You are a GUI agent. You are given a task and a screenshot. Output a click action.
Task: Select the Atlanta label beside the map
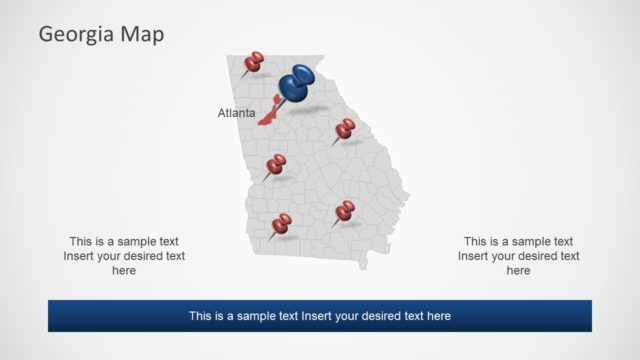[x=236, y=113]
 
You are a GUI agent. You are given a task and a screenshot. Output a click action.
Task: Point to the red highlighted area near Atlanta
[x=268, y=116]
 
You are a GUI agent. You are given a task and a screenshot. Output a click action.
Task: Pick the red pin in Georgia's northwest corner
[x=253, y=62]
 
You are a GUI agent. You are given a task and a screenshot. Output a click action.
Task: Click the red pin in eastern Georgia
[x=345, y=128]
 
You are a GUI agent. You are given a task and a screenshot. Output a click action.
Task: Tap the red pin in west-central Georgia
[x=276, y=164]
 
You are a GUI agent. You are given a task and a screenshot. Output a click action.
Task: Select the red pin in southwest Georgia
[x=282, y=222]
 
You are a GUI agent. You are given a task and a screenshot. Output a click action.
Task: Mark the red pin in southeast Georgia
[x=345, y=210]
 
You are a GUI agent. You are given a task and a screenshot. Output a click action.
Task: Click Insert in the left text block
[x=81, y=256]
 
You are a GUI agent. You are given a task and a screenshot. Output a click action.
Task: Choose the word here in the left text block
[x=124, y=271]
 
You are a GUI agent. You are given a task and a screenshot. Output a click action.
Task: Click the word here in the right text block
[x=518, y=271]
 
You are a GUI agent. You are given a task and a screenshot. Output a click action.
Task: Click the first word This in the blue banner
[x=201, y=316]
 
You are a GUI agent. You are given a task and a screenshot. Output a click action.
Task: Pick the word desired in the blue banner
[x=389, y=316]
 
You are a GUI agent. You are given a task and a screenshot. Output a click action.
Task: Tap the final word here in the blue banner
[x=439, y=316]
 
